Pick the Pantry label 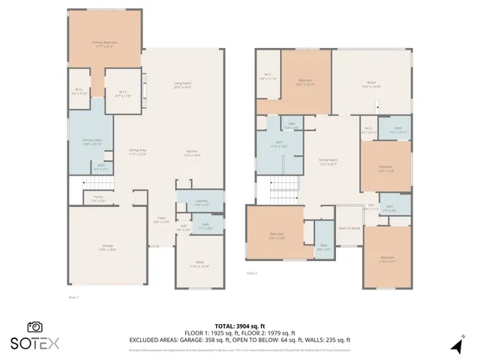(97, 199)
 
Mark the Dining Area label (137, 152)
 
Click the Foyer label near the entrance (160, 220)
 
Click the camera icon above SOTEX (34, 327)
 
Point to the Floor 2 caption (252, 273)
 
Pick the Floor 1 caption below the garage (73, 297)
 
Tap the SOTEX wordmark (34, 342)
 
